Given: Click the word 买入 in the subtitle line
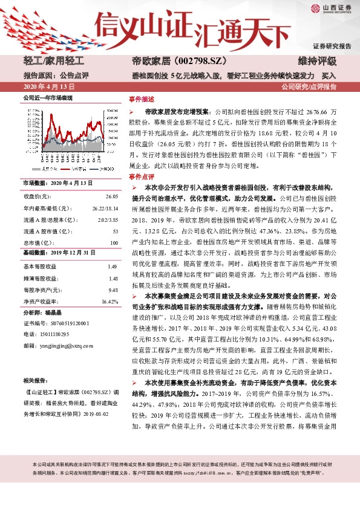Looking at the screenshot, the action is point(329,76).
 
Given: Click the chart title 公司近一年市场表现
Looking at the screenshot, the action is point(47,97).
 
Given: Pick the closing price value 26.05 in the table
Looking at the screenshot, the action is point(111,196).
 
